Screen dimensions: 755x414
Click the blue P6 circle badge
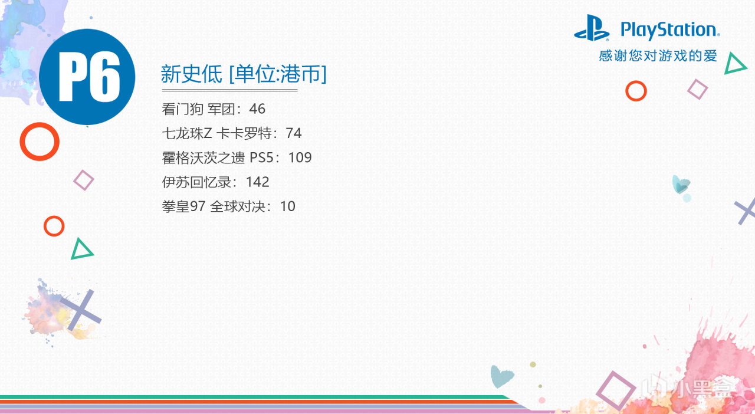87,77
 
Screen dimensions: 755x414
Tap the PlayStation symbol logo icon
592,28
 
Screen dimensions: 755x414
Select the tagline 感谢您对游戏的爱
658,56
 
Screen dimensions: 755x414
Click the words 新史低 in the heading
192,74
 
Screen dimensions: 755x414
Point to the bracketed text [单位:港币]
278,74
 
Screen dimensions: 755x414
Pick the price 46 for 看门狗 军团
257,109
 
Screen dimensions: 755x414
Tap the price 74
294,133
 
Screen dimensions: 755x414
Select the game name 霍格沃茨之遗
203,158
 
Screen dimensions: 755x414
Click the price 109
300,158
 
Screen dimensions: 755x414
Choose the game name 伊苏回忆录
196,182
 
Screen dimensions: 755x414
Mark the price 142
258,182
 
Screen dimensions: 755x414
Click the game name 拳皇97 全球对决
214,206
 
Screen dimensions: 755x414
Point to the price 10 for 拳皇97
287,206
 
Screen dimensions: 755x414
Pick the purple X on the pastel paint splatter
81,310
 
